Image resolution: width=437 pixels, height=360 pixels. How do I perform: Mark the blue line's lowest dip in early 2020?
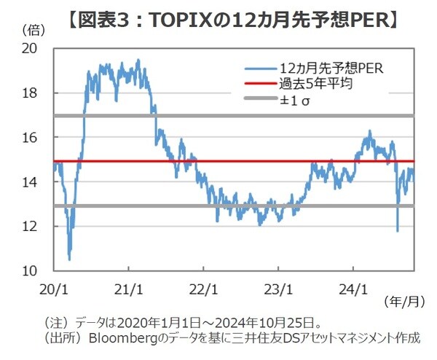click(69, 259)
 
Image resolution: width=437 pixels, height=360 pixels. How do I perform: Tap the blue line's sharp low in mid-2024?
click(397, 231)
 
